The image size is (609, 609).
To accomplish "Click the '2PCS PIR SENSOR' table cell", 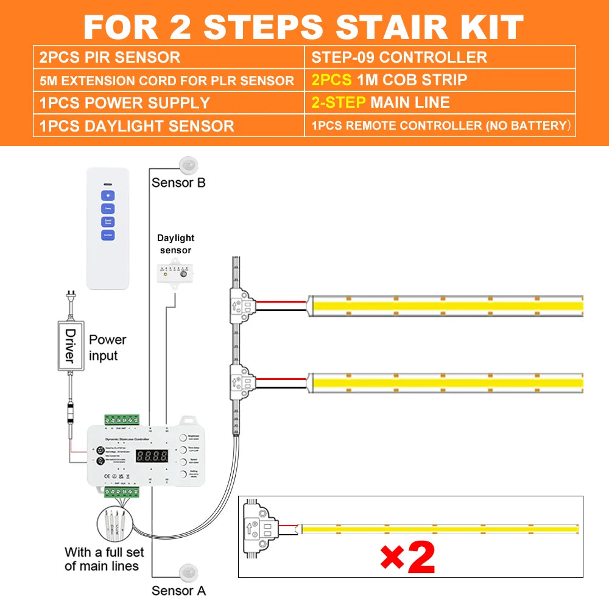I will tap(110, 58).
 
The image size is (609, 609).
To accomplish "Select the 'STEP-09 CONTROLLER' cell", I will tap(399, 58).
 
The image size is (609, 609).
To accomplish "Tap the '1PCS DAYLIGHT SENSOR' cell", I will tap(136, 126).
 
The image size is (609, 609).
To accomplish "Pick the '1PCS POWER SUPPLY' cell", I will tap(124, 103).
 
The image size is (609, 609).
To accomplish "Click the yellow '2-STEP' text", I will tap(338, 102).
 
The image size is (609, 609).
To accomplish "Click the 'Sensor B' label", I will tap(178, 183).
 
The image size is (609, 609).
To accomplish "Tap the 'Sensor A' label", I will tap(178, 590).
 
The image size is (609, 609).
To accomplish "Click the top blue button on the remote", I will tap(108, 196).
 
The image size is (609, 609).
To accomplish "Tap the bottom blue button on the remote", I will tap(108, 234).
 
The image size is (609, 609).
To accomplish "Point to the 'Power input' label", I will tap(107, 347).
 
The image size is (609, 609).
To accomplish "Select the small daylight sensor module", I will tap(174, 273).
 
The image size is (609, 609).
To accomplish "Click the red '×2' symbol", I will tap(407, 556).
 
